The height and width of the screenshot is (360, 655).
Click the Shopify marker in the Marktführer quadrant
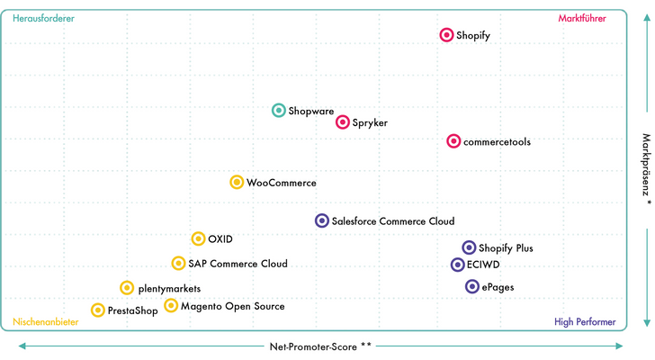pos(446,35)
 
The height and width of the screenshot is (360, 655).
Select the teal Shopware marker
pos(279,111)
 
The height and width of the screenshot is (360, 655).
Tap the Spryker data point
pos(343,121)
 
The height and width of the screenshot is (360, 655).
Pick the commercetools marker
pos(453,141)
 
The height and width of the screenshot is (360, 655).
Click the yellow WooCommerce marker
pos(237,182)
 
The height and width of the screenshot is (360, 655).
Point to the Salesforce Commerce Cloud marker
pos(322,220)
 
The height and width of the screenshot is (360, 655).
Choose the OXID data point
pos(198,238)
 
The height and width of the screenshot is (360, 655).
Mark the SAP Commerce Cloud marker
pos(178,263)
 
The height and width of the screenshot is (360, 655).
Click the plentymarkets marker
pos(127,288)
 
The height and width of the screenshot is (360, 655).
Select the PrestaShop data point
pos(98,310)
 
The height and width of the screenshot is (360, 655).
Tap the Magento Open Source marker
pos(171,305)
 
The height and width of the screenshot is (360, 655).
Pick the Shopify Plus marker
pos(469,247)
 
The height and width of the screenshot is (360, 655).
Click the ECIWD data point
pos(457,265)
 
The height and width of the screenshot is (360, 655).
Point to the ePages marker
pos(472,286)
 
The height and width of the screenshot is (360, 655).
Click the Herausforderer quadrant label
pos(43,18)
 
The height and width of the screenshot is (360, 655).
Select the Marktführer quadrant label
pos(582,18)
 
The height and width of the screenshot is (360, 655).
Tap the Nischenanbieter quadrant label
pos(46,322)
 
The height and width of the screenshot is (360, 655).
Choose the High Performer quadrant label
pos(585,322)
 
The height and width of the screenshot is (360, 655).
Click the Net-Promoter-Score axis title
pos(320,346)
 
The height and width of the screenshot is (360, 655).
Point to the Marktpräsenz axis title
pos(646,168)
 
